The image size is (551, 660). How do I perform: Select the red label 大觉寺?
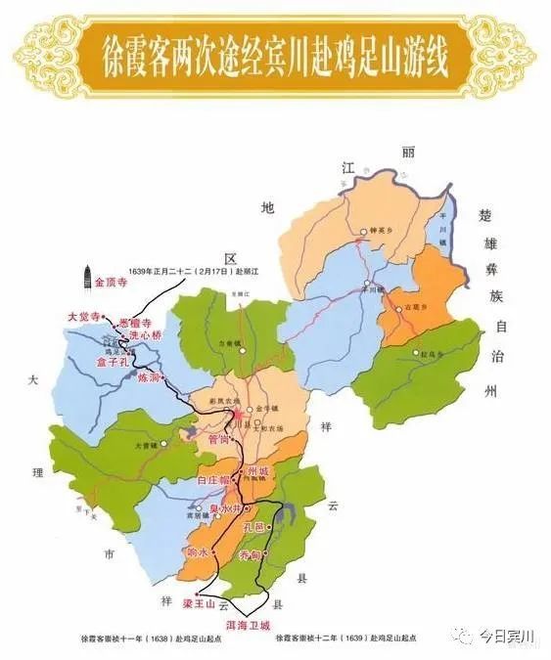(83, 317)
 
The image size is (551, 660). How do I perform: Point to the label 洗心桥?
(143, 335)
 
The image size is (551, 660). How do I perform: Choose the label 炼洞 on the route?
(149, 376)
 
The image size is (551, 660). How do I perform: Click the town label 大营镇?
(146, 444)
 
